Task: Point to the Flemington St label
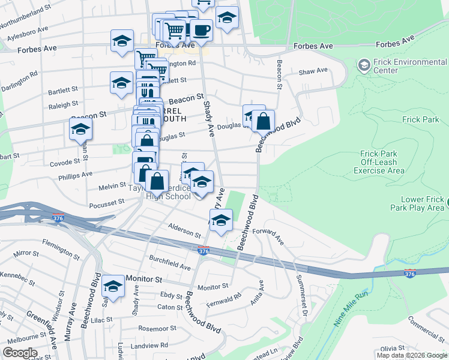[x=61, y=248]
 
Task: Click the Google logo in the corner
[x=19, y=353]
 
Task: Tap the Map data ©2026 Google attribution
[x=411, y=355]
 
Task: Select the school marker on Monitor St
[x=113, y=286]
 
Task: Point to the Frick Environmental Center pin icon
[x=363, y=64]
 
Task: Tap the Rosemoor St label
[x=157, y=329]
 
